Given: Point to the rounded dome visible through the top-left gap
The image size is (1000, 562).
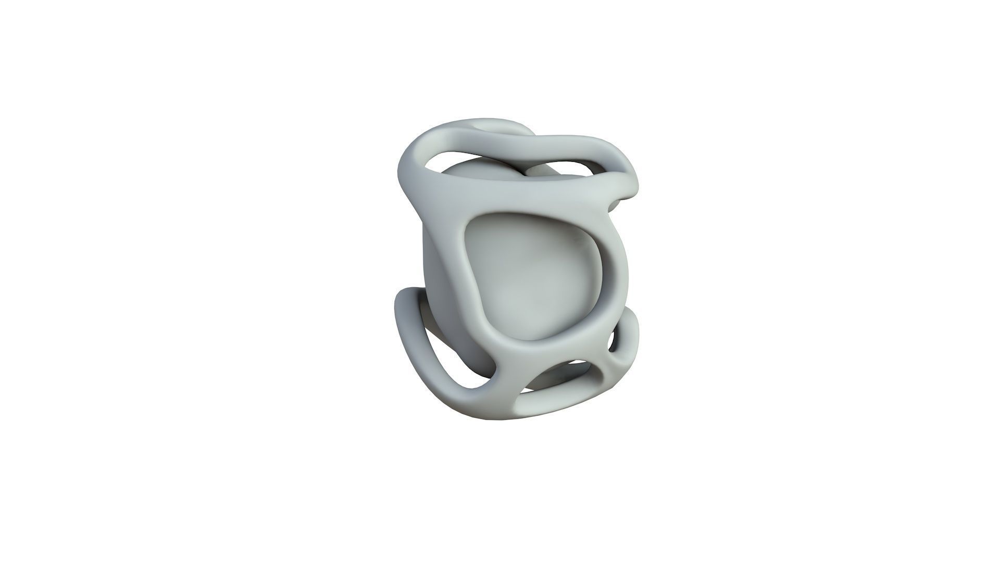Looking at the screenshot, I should click(x=469, y=169).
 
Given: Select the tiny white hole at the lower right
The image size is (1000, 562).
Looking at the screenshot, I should click(x=611, y=341).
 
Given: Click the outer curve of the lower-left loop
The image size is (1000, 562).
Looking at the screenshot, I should click(x=404, y=333).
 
